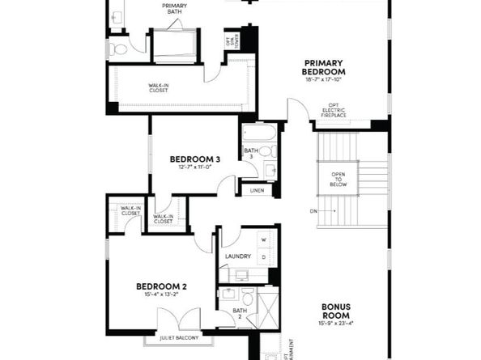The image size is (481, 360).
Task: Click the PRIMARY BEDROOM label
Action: pos(324,67)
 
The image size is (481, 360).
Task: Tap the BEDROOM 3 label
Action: pos(194,159)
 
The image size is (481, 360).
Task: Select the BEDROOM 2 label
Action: pos(161,286)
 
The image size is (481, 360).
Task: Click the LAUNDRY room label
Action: pos(237,256)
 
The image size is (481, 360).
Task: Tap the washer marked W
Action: pos(263,240)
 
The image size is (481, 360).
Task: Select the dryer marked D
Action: pos(263,256)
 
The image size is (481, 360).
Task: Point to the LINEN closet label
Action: pos(257,189)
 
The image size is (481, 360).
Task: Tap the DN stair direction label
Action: pos(313,211)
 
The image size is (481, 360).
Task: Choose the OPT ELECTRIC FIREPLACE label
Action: pos(334,111)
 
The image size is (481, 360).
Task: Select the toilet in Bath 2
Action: pos(248,296)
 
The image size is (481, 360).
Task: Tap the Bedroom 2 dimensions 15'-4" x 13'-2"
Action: pos(161,295)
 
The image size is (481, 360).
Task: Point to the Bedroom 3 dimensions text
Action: pos(194,167)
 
